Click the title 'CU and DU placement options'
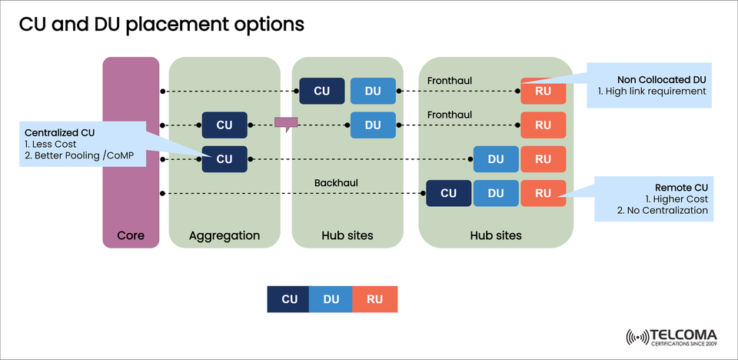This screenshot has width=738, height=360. pos(161,24)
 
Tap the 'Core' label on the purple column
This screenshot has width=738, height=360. pos(131,235)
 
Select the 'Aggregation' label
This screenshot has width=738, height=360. pos(224,235)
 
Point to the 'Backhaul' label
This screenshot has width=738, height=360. pos(336,182)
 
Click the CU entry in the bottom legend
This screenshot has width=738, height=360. pos(289,299)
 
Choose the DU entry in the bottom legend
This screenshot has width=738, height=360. pos(331,299)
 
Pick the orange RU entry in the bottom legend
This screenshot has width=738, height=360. pos(374,299)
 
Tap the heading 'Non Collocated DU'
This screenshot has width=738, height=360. pos(661,79)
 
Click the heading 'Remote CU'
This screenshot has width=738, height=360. pos(681,186)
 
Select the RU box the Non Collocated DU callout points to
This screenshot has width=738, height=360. pos(543,92)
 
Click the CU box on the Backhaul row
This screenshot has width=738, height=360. pos(448,193)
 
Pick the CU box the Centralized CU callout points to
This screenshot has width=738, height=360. pos(224,159)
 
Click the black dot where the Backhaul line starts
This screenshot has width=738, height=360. pos(163,193)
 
